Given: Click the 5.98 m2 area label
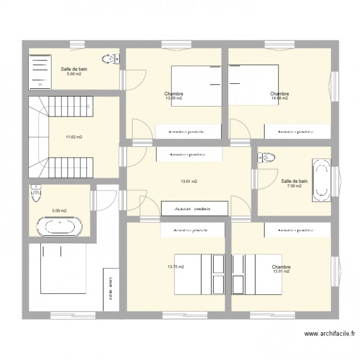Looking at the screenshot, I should (x=74, y=74).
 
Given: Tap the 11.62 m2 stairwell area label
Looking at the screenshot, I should (x=74, y=137).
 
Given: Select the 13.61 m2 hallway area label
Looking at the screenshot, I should (x=189, y=181).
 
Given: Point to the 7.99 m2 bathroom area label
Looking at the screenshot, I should (x=294, y=186).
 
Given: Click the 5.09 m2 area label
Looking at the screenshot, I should (x=60, y=210).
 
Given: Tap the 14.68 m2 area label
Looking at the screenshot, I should (x=279, y=98).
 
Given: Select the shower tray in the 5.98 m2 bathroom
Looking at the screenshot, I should (x=40, y=71).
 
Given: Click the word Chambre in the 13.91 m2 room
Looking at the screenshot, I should (x=281, y=267).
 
